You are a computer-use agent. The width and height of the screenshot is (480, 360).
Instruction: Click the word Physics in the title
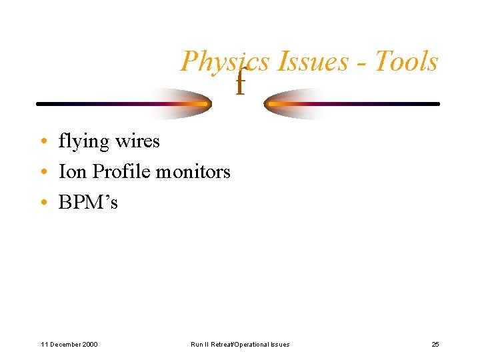(225, 62)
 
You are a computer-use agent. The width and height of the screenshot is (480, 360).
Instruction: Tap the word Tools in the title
(405, 61)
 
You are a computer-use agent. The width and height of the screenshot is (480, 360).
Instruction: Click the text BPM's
(88, 203)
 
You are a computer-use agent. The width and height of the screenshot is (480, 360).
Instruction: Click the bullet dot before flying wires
(43, 142)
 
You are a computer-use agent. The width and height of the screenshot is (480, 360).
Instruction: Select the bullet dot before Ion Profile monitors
(43, 173)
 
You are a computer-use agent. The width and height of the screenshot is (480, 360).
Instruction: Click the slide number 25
(435, 345)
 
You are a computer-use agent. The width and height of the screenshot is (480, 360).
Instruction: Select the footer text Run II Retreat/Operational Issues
(240, 345)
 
